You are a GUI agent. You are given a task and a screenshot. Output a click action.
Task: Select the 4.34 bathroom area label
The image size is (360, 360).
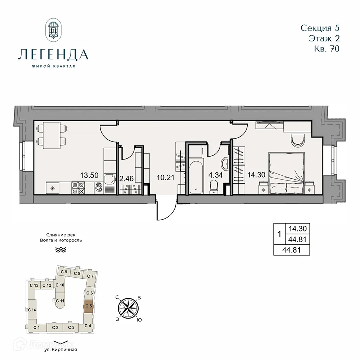pos(215,176)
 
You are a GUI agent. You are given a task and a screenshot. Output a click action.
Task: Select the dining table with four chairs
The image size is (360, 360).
pos(53,135)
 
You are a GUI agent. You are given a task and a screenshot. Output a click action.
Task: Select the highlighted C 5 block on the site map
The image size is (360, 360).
pos(89,306)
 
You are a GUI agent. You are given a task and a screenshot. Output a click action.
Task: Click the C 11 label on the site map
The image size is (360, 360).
pos(60,301)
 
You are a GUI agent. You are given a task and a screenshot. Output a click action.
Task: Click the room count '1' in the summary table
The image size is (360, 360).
pos(279,234)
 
